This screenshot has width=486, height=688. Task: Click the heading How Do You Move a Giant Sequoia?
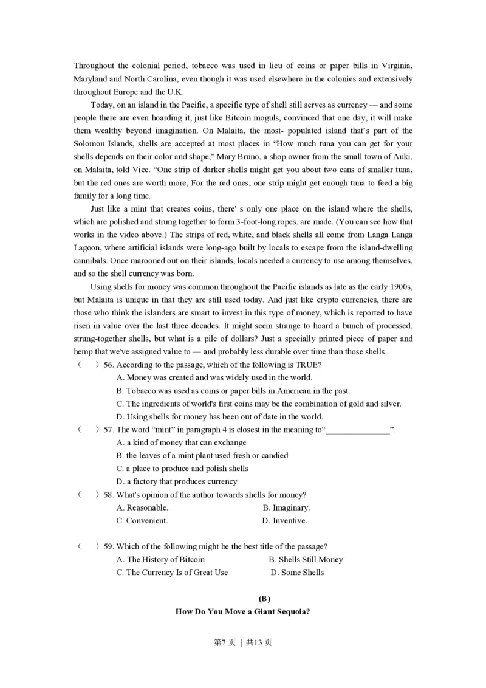243,612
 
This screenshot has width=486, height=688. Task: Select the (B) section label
243,599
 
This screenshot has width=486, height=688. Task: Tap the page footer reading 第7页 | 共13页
243,642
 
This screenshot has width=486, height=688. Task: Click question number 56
109,365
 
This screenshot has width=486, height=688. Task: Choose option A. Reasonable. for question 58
143,507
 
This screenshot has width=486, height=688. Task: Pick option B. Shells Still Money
306,559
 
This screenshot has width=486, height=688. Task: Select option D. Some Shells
298,573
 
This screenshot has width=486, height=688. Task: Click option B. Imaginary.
286,507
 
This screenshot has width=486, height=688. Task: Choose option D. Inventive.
285,521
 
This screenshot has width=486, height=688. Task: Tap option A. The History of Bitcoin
161,559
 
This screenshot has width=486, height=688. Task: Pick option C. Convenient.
143,521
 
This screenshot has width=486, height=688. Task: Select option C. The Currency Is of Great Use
173,573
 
